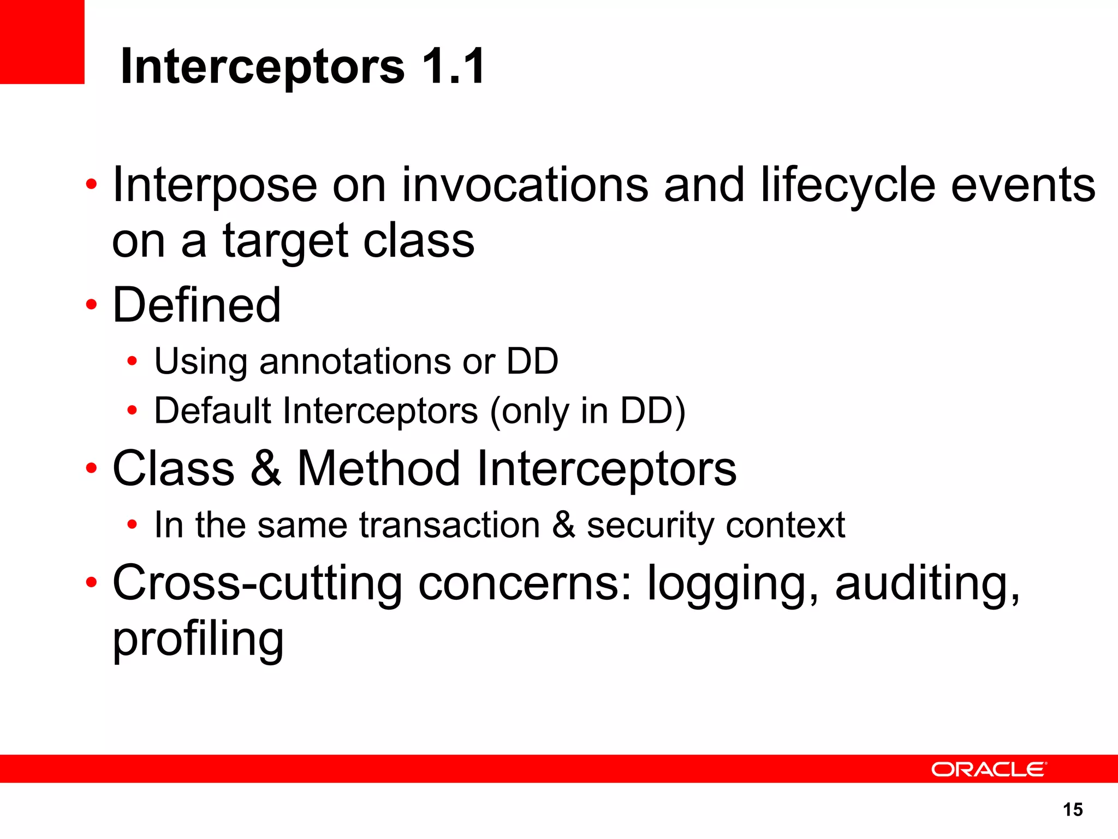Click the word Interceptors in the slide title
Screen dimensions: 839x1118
262,67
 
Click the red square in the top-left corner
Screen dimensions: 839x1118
41,42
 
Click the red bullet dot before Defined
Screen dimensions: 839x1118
91,305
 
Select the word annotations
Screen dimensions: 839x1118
355,362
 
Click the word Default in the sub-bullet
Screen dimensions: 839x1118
213,411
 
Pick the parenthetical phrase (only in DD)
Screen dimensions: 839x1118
587,412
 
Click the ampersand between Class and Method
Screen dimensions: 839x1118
266,469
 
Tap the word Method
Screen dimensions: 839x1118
379,469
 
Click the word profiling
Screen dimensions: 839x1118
198,640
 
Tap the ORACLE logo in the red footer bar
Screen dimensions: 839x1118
988,769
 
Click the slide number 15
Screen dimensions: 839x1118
1073,810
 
